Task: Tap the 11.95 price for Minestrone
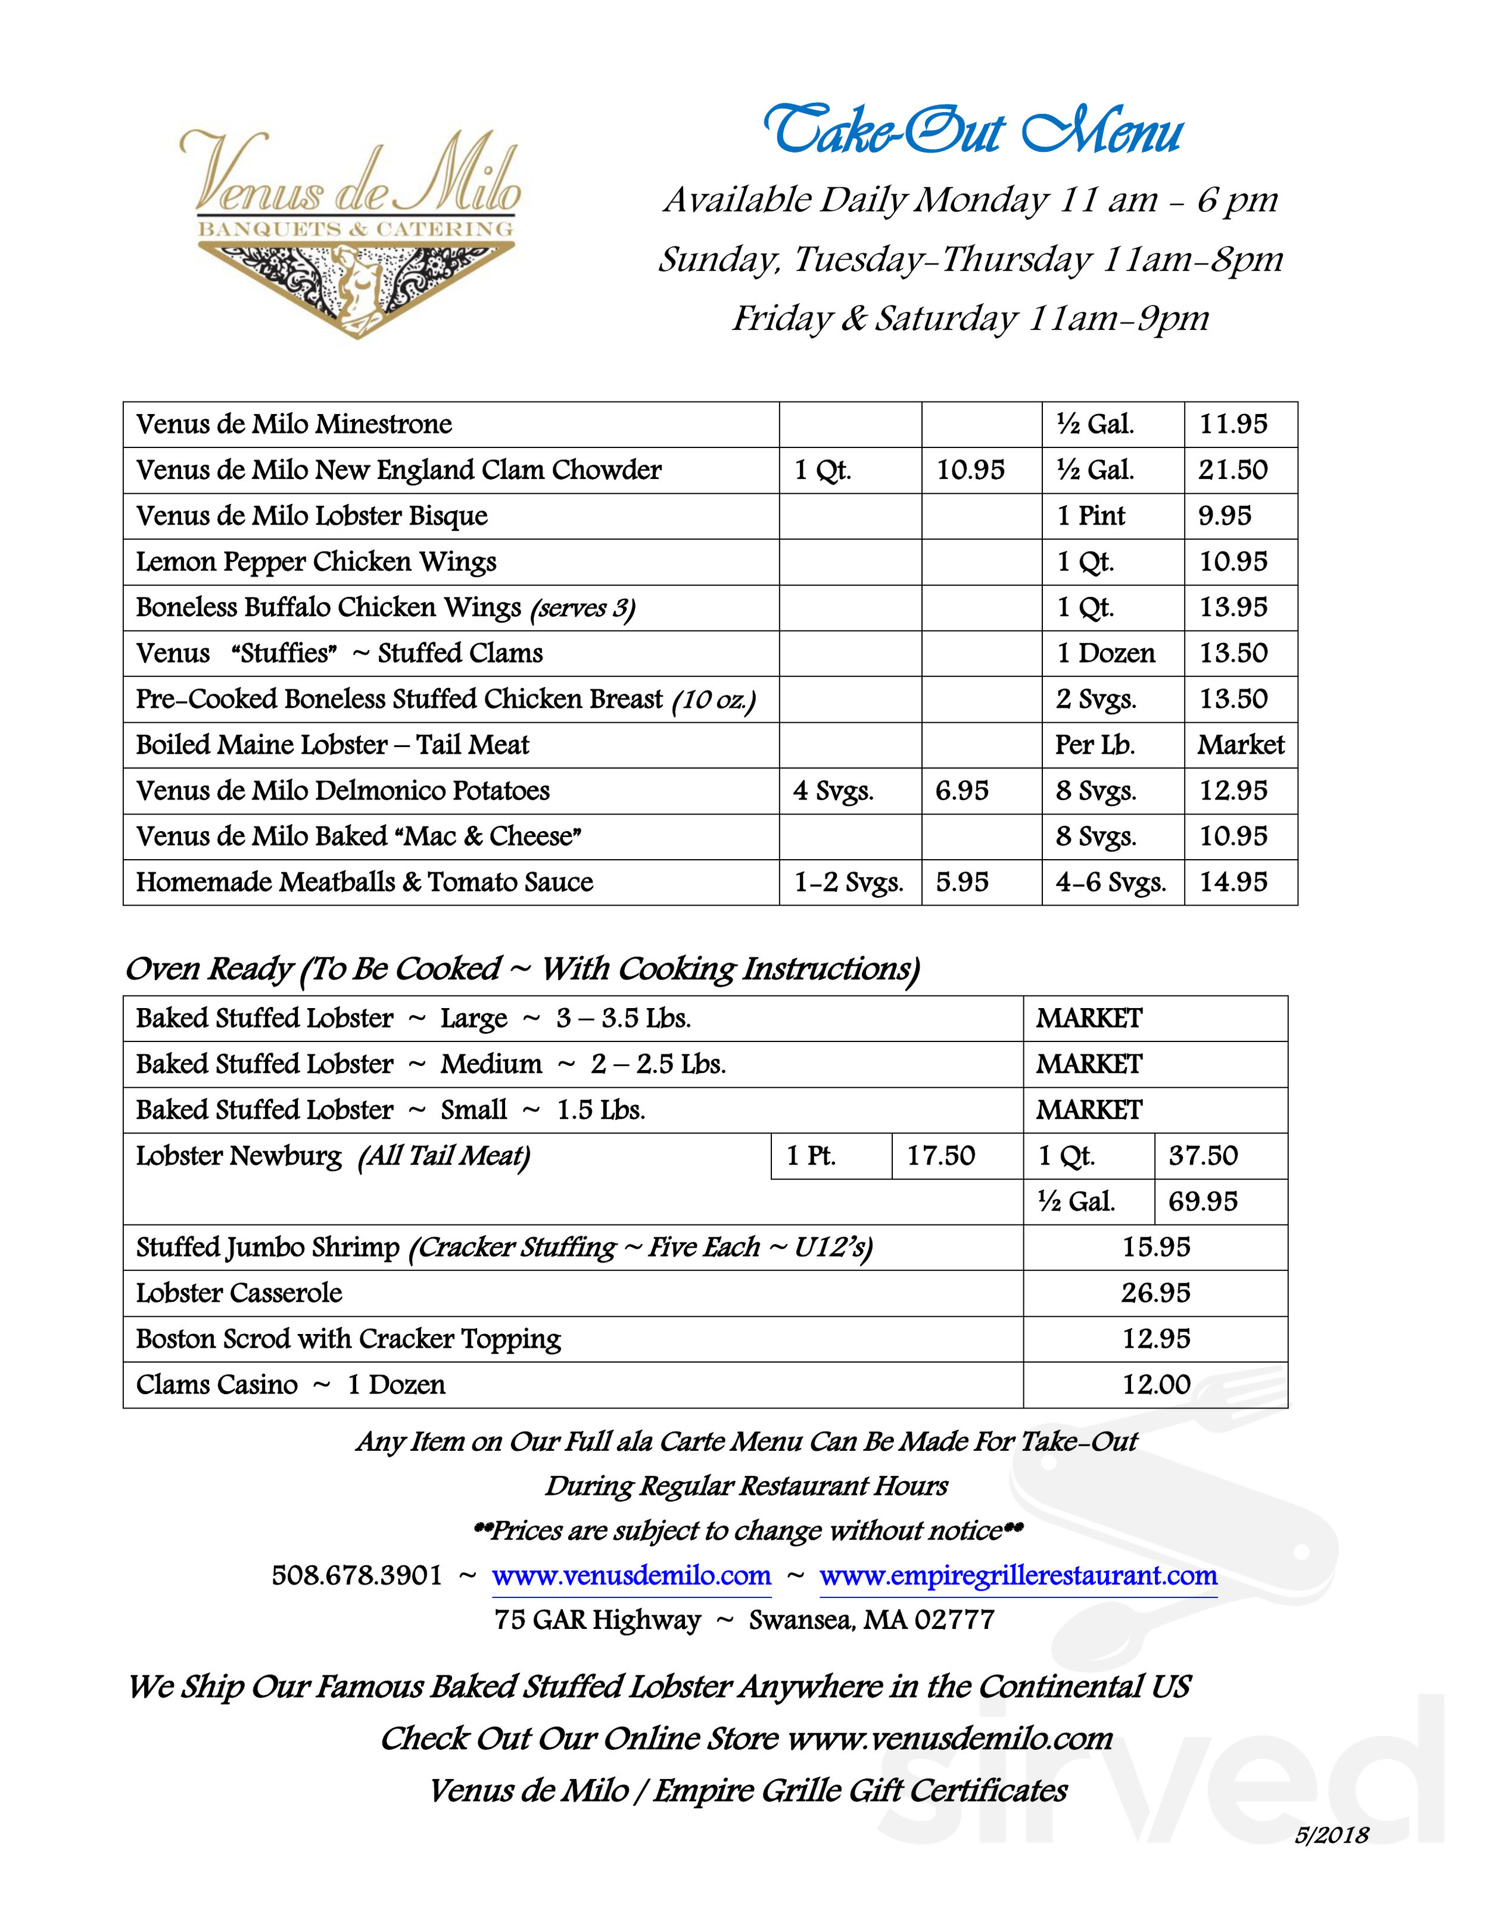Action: pyautogui.click(x=1232, y=425)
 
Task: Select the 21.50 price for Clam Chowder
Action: pyautogui.click(x=1232, y=471)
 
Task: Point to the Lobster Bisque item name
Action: pyautogui.click(x=311, y=517)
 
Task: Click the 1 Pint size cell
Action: pyautogui.click(x=1091, y=517)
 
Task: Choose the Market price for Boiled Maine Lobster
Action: pyautogui.click(x=1240, y=745)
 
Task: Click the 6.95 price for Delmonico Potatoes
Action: pyautogui.click(x=962, y=791)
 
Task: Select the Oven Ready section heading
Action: pyautogui.click(x=522, y=969)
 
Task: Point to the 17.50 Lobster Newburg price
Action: pyautogui.click(x=941, y=1156)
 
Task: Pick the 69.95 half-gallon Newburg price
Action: pyautogui.click(x=1203, y=1202)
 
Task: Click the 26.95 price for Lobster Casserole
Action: pyautogui.click(x=1155, y=1293)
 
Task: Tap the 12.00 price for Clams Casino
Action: pyautogui.click(x=1156, y=1385)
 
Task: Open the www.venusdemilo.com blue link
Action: pyautogui.click(x=631, y=1576)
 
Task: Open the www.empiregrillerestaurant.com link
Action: pyautogui.click(x=1018, y=1576)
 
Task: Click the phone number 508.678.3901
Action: pyautogui.click(x=357, y=1576)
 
